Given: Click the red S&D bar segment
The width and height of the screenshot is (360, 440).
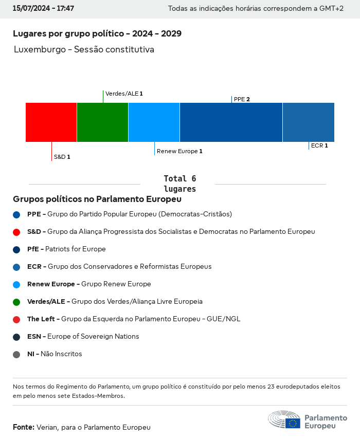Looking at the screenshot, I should (51, 122).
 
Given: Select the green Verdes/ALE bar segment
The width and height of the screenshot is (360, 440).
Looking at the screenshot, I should (102, 122).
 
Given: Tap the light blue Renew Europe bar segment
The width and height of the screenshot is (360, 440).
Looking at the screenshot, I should (154, 122).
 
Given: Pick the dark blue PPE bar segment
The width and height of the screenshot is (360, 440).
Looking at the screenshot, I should (231, 122).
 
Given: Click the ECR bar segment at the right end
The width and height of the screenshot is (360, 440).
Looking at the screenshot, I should (308, 122).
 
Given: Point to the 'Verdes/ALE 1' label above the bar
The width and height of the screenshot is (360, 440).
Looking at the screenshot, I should (124, 94).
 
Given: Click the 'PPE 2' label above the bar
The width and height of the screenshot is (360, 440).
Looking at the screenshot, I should (242, 99).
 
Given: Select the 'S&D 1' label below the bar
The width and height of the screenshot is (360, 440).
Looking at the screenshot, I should (62, 157).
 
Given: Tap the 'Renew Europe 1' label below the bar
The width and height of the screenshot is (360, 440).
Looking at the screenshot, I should (179, 151).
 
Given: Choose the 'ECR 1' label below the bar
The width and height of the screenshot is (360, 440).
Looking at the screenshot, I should (319, 145).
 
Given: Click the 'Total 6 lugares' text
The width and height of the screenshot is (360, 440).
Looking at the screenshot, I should (179, 184).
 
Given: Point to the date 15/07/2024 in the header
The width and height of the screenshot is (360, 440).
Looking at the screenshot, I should (30, 9).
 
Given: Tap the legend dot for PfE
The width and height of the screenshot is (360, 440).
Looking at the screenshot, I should (16, 249).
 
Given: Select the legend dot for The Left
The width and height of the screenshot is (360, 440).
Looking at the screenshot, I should (16, 319).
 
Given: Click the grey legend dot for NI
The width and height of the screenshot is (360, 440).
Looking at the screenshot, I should (16, 354).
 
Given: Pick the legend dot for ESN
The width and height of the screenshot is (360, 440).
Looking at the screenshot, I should (16, 337).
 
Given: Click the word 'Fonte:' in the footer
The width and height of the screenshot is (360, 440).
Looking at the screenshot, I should (24, 427).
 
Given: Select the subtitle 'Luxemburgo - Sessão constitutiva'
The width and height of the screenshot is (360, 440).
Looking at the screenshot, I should (84, 50).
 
